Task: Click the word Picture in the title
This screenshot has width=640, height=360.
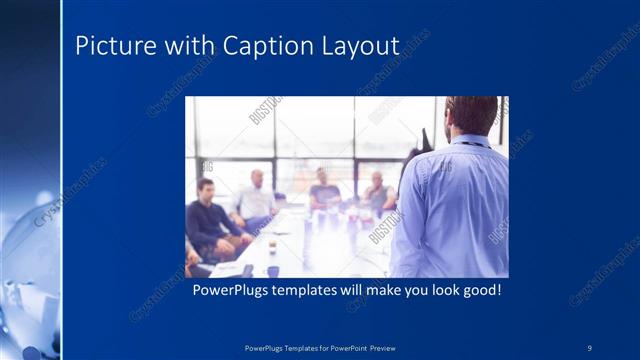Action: click(109, 46)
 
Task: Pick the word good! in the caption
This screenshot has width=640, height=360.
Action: click(474, 291)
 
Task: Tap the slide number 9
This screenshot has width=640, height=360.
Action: click(590, 348)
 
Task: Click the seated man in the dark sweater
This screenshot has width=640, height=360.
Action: click(210, 220)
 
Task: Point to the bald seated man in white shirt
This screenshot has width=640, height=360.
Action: click(257, 200)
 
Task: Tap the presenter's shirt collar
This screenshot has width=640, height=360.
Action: click(470, 140)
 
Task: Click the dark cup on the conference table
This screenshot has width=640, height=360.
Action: click(273, 270)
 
